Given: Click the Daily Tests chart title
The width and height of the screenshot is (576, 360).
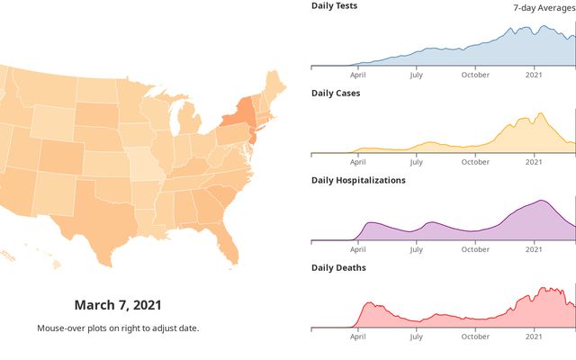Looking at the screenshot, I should coord(334,5).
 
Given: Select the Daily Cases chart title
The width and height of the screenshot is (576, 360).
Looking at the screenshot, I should coord(336,93).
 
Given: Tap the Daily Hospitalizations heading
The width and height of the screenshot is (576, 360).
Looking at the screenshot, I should coord(358,180).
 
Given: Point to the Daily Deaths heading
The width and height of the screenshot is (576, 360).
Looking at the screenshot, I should coord(338,267).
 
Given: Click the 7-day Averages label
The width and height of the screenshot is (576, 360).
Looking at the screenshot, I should coord(544,7).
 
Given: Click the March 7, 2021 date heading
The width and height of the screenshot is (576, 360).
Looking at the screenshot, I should coord(118,305).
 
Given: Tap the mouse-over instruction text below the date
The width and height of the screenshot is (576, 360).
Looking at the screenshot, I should coord(118,328).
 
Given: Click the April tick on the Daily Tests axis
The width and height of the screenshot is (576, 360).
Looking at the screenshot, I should coord(358,75).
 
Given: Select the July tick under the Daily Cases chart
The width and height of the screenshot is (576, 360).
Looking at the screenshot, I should coord(416,162).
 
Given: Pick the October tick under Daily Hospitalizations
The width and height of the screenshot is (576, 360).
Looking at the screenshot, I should coord(475,249).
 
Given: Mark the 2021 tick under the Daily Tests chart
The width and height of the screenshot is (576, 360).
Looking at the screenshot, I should coord(535,75).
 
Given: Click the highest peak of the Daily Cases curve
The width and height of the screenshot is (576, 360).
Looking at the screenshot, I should coord(540,113).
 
